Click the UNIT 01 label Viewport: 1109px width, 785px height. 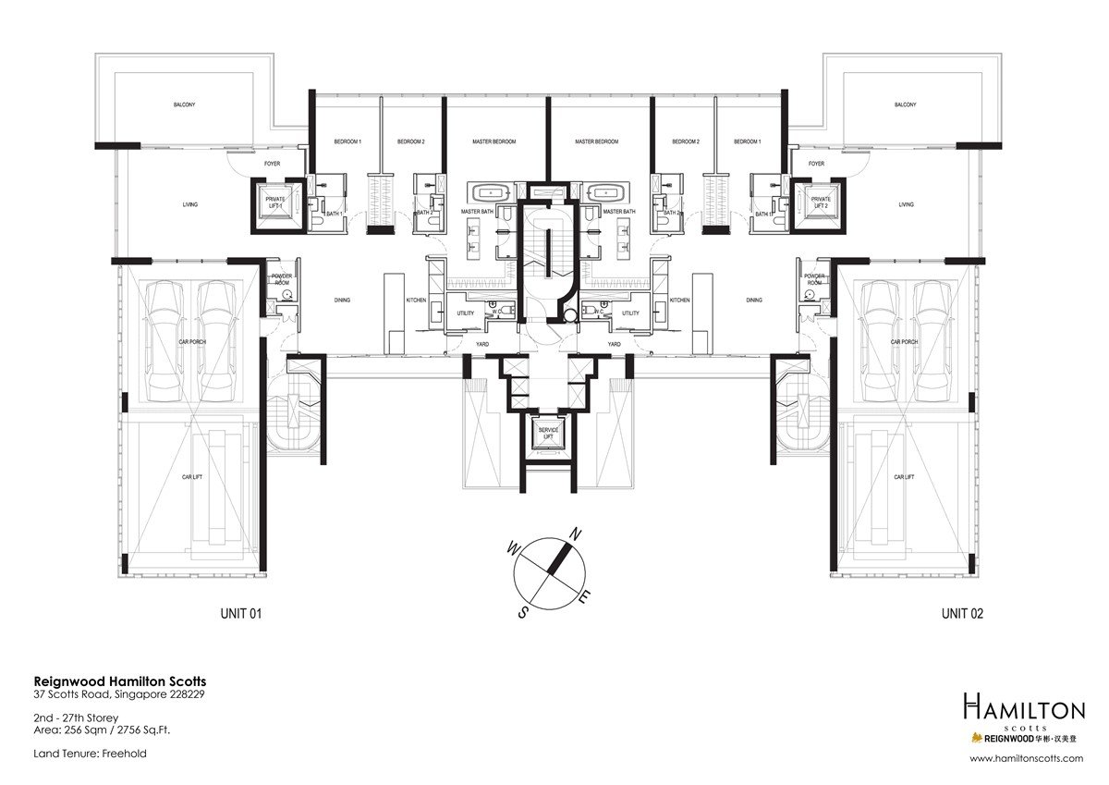pos(240,613)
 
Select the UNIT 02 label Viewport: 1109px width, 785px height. pos(962,613)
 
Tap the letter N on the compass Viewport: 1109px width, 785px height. pos(574,534)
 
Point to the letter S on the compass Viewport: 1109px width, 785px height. pos(523,611)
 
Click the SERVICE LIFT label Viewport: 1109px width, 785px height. pos(551,434)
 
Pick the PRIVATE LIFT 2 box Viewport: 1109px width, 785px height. pos(820,202)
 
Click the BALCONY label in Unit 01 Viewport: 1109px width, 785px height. pos(183,104)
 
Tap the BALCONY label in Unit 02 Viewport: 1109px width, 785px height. pos(905,104)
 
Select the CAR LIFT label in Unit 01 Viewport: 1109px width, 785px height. pos(192,477)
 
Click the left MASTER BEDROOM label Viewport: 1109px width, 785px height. pos(494,141)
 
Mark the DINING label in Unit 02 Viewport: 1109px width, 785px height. pos(754,300)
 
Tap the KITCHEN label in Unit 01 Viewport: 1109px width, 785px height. pos(416,300)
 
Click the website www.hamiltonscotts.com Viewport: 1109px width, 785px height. pos(1026,758)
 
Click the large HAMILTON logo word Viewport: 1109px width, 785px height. pos(1023,710)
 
